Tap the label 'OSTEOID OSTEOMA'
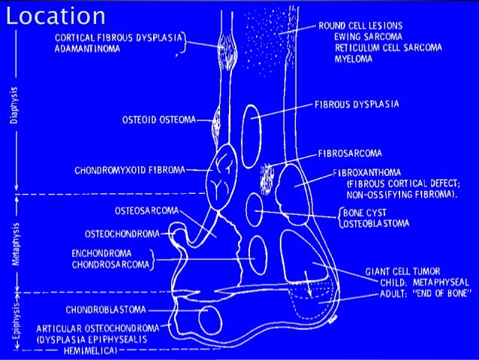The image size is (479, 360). (x=158, y=118)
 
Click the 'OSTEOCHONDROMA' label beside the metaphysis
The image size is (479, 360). (x=122, y=234)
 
